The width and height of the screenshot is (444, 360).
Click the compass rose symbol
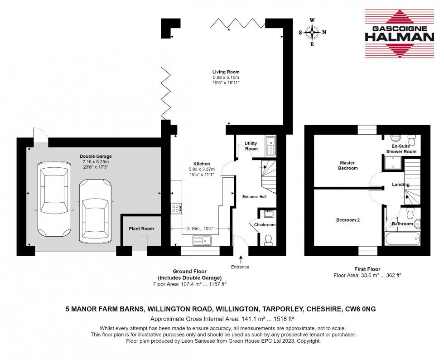click(312, 32)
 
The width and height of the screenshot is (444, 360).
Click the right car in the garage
click(95, 210)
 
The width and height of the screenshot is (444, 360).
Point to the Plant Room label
click(141, 229)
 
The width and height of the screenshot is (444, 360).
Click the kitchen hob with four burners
click(176, 208)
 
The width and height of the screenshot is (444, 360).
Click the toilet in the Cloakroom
click(268, 238)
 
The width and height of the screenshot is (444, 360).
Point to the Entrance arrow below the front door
click(240, 259)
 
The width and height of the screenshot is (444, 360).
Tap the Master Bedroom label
click(348, 165)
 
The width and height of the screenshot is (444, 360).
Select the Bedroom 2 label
click(347, 220)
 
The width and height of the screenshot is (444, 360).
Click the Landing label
click(401, 185)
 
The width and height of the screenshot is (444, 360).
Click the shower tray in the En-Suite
click(394, 163)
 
